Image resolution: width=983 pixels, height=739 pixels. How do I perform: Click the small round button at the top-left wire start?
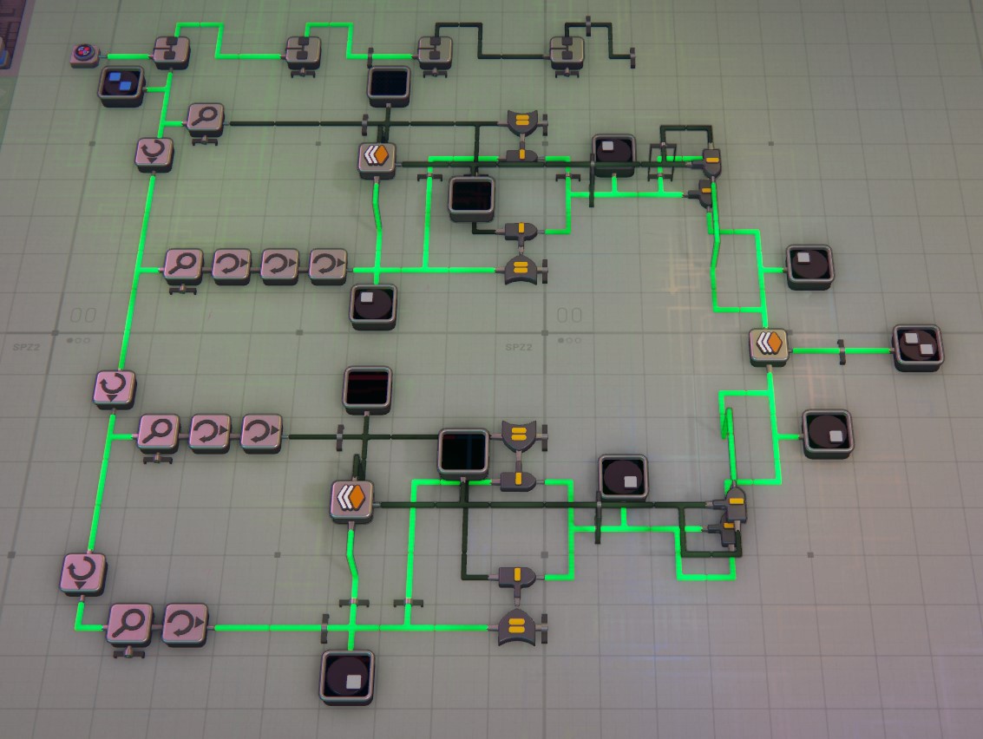tap(84, 56)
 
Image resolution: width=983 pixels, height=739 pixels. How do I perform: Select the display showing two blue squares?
tap(121, 84)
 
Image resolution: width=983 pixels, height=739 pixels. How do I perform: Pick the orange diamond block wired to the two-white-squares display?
tap(769, 345)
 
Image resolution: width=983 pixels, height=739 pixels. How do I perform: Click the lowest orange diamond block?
tap(352, 500)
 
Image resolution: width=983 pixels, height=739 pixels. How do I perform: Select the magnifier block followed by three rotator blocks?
tap(183, 265)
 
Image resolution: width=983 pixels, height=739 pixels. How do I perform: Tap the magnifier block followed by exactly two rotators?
tap(158, 431)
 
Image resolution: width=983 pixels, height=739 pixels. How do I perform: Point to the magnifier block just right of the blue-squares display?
tap(205, 120)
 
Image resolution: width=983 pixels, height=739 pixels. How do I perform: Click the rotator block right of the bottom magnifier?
tap(185, 624)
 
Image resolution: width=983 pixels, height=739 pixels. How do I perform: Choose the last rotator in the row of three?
tap(328, 265)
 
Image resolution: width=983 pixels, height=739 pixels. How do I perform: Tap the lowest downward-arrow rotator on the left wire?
tap(83, 573)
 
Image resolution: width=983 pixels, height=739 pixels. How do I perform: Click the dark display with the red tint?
tap(367, 388)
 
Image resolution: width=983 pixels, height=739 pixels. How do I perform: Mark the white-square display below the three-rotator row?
tap(373, 305)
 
